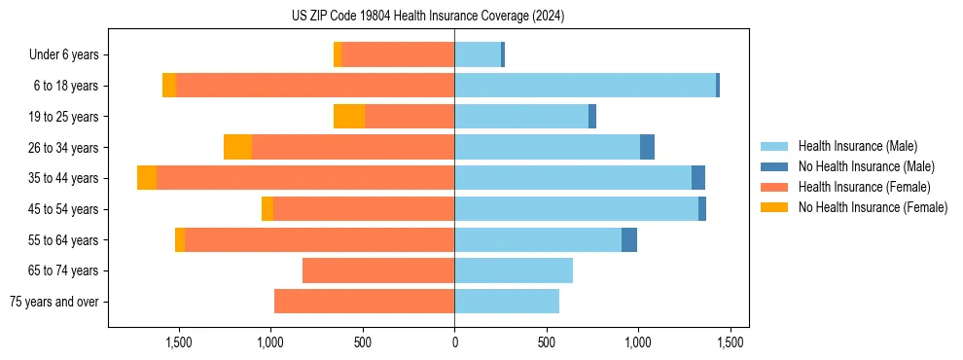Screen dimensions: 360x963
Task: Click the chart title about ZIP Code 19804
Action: (x=428, y=17)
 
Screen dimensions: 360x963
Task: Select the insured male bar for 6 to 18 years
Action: (x=585, y=86)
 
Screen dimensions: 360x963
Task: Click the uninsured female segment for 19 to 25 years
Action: (x=349, y=117)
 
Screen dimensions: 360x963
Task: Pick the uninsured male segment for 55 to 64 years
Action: (x=629, y=239)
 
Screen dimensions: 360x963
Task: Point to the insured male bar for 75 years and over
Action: (x=507, y=302)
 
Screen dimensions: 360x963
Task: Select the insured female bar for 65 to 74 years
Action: (x=378, y=270)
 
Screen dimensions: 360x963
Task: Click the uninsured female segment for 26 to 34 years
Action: (x=238, y=147)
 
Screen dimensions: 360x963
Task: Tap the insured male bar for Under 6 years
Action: (x=478, y=54)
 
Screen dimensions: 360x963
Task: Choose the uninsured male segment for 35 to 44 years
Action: (x=698, y=178)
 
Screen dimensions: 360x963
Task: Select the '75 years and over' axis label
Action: (x=54, y=302)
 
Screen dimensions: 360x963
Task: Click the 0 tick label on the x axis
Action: (x=454, y=342)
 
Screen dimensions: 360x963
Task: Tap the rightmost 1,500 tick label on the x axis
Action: (x=731, y=342)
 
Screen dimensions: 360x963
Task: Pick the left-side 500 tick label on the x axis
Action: (x=362, y=342)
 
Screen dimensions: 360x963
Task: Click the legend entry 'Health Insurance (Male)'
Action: (x=857, y=146)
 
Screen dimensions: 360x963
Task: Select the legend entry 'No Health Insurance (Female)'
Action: (x=873, y=207)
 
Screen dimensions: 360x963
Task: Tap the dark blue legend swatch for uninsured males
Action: (x=775, y=166)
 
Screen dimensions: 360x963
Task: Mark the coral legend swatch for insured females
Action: (x=775, y=187)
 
